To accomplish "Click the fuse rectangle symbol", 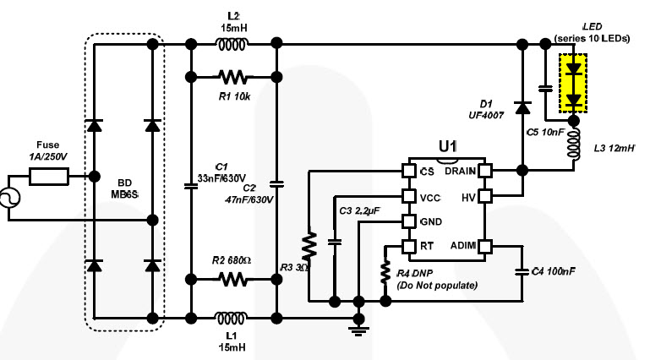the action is click(x=49, y=177).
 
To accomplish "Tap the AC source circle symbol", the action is click(x=9, y=198).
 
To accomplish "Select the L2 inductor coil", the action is click(x=233, y=44).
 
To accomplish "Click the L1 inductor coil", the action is click(x=232, y=318).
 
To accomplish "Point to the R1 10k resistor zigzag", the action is click(x=232, y=77).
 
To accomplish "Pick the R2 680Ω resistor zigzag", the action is click(x=233, y=279).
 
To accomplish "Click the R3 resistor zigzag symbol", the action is click(x=309, y=245).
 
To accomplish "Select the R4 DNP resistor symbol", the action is click(x=385, y=272).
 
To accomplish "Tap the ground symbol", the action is click(x=358, y=330).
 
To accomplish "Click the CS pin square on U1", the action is click(x=409, y=171).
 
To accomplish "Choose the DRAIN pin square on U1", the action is click(x=485, y=171).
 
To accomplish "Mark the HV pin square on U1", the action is click(x=485, y=196).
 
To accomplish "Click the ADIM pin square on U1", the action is click(x=485, y=247).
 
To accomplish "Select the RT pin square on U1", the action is click(x=409, y=247).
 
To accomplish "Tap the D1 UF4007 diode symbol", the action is click(x=522, y=107).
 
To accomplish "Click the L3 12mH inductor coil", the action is click(x=574, y=145).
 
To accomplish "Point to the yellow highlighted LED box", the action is click(x=573, y=83).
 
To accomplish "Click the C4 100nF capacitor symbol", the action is click(x=522, y=272).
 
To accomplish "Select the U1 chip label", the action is click(x=448, y=146).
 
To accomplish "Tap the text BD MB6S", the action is click(x=124, y=188).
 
